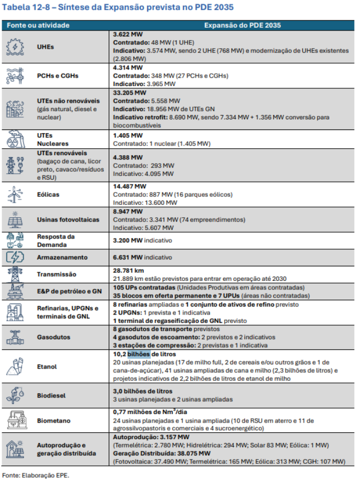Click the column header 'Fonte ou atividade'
point(38,25)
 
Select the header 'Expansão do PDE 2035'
point(242,25)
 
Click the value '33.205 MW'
point(129,93)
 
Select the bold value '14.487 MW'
point(129,186)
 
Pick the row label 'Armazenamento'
point(61,257)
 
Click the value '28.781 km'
point(128,271)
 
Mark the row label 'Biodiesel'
point(51,396)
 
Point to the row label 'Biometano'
point(53,421)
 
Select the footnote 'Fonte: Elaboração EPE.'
point(36,475)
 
